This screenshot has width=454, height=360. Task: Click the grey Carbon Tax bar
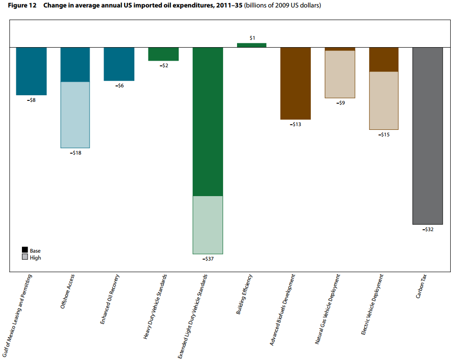click(427, 136)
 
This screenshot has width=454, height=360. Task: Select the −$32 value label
click(427, 230)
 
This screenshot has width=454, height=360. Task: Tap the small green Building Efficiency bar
click(251, 45)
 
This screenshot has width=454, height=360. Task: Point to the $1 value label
click(252, 38)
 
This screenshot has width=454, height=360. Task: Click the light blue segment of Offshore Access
click(75, 115)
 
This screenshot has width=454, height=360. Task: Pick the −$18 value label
click(76, 153)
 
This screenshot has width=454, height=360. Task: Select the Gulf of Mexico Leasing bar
click(31, 71)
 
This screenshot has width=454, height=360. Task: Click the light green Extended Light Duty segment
click(208, 225)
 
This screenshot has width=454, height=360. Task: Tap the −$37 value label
click(208, 259)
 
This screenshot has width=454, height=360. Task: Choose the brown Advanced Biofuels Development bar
click(295, 83)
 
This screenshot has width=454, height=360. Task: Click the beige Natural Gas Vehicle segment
click(340, 74)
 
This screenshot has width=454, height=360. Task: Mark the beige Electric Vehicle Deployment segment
click(384, 100)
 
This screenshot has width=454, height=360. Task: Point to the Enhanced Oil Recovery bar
click(119, 64)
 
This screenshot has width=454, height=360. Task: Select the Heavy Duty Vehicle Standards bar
click(163, 54)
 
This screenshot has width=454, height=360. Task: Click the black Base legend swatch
click(25, 251)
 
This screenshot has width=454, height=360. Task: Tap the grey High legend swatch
click(25, 257)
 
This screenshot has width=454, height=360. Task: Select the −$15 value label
click(384, 134)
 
